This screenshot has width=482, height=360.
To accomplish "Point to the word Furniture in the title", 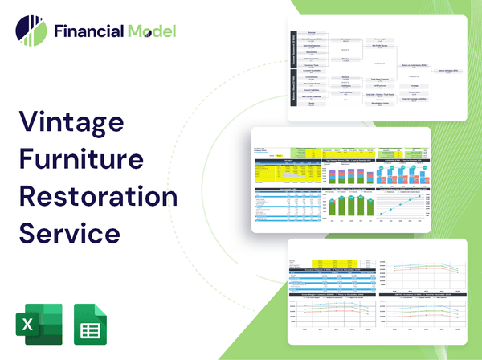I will tap(85, 162).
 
